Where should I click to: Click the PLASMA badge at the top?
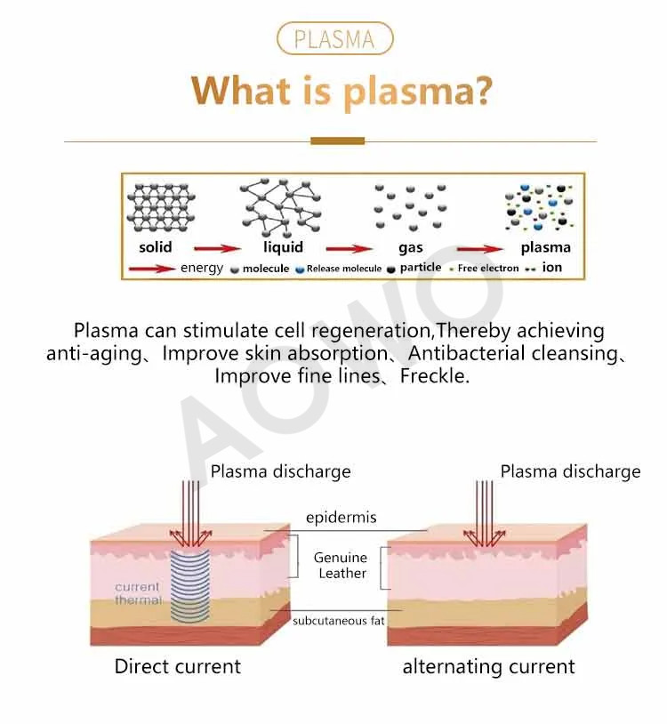click(x=334, y=39)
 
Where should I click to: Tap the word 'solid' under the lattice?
click(x=156, y=247)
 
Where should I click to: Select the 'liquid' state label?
click(x=284, y=247)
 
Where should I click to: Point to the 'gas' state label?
click(x=411, y=248)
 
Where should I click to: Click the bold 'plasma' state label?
click(x=545, y=248)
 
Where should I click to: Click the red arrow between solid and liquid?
click(x=217, y=249)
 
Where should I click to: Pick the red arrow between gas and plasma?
click(x=480, y=249)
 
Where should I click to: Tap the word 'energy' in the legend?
click(x=202, y=269)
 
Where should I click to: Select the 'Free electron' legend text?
click(x=488, y=269)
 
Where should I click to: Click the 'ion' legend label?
click(x=552, y=268)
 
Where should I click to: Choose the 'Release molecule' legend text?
click(x=344, y=269)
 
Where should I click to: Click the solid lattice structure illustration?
click(x=161, y=208)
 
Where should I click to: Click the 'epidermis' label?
click(x=342, y=518)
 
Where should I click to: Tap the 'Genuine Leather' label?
click(x=341, y=565)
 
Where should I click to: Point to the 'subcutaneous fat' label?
click(x=338, y=621)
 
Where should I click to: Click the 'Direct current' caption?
click(x=178, y=666)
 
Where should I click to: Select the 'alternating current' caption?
click(x=489, y=667)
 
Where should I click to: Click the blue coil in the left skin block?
click(x=190, y=585)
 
